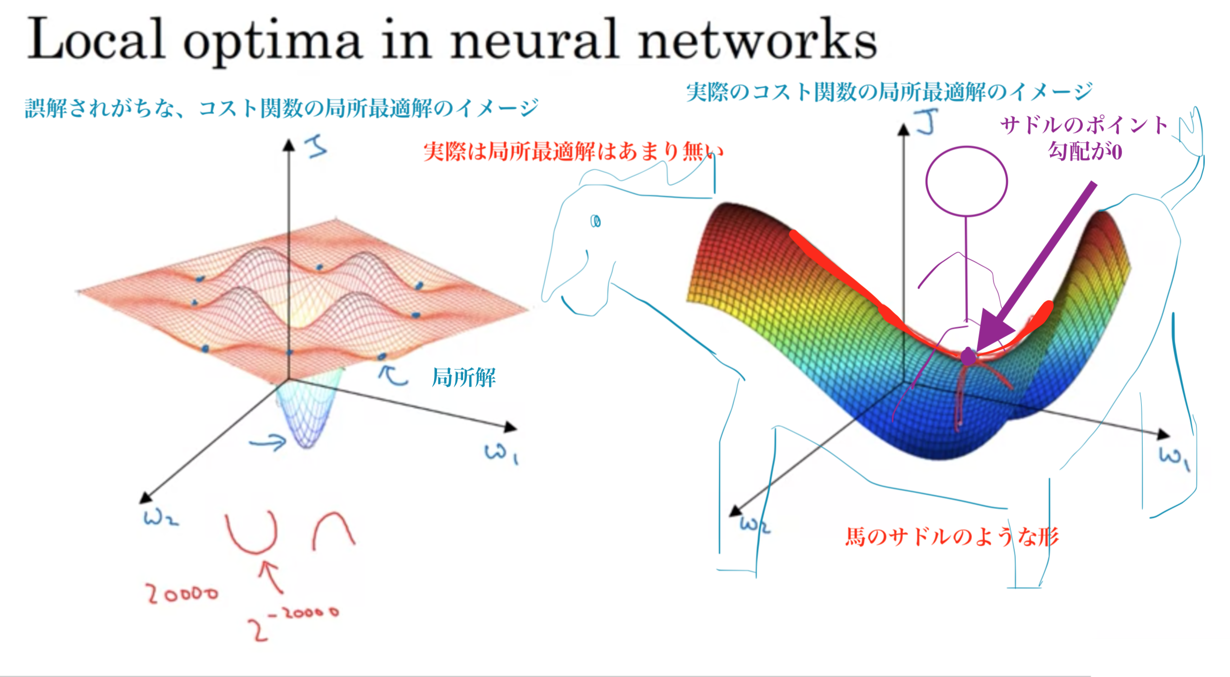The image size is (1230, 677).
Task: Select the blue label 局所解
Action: click(x=464, y=377)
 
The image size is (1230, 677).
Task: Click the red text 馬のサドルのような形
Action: click(x=952, y=537)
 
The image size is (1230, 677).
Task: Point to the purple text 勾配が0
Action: click(x=1085, y=151)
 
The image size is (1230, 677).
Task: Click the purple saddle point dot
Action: click(x=968, y=356)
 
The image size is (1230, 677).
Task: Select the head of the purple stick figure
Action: click(x=966, y=181)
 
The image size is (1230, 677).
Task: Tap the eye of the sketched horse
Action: click(x=596, y=221)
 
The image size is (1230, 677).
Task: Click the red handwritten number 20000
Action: click(x=182, y=594)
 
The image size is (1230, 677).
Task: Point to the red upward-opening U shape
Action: click(x=252, y=532)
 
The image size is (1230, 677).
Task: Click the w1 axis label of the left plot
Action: click(x=501, y=453)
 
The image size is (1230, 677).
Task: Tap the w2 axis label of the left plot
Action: click(x=161, y=518)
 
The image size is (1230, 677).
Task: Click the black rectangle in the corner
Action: click(x=1160, y=658)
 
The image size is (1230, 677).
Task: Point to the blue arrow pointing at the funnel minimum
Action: click(x=268, y=442)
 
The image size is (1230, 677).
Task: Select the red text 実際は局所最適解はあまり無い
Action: click(x=573, y=151)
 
